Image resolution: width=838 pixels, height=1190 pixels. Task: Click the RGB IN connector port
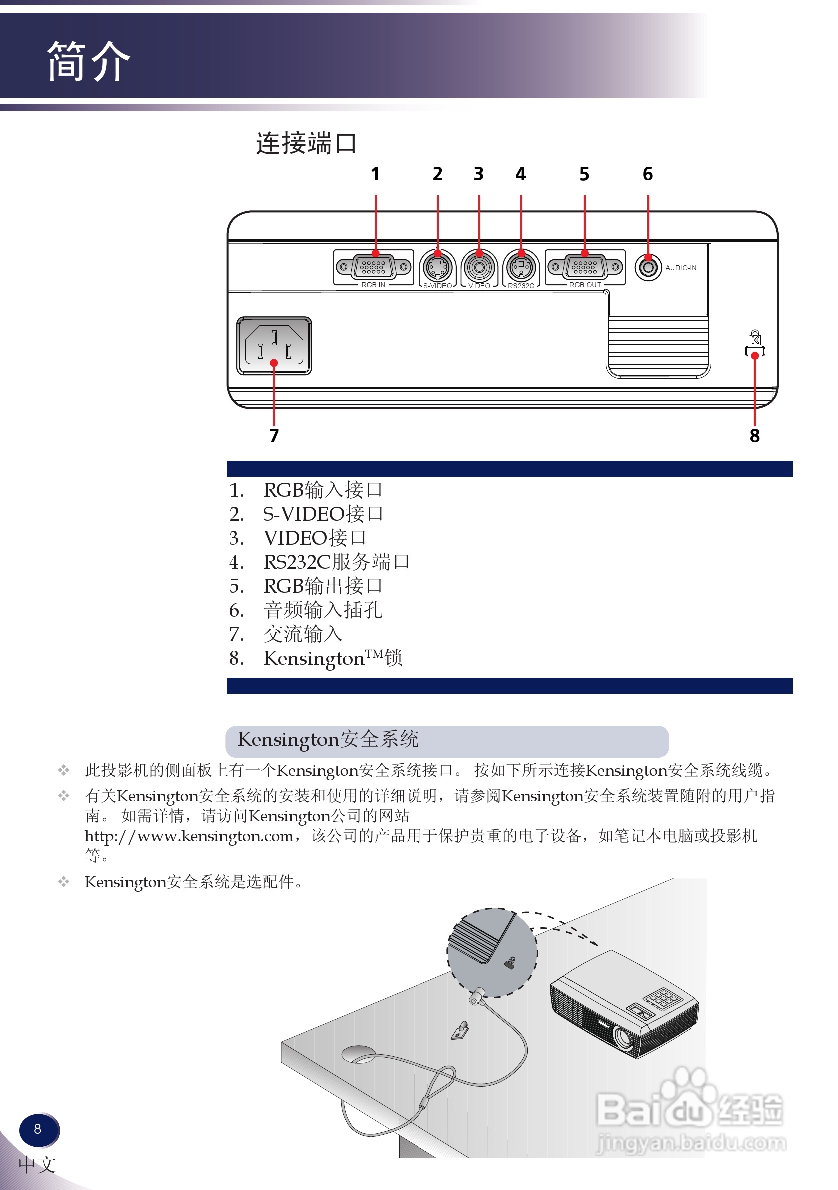(x=373, y=267)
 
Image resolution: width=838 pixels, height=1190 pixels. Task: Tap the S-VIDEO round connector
(x=437, y=267)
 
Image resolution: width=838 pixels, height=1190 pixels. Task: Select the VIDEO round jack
(x=479, y=267)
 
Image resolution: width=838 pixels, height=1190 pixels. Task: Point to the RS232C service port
(x=521, y=267)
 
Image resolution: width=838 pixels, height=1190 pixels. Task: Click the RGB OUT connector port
(x=585, y=267)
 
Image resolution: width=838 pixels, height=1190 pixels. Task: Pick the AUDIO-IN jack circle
(x=647, y=267)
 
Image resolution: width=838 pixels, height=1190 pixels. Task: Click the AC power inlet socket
(x=274, y=346)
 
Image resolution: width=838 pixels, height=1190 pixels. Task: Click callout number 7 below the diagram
(x=274, y=435)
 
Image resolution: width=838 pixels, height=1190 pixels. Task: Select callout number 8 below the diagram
(x=754, y=435)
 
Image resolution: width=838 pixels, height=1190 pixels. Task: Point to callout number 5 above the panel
(x=584, y=174)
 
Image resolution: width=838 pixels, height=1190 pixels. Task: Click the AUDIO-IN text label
(x=681, y=268)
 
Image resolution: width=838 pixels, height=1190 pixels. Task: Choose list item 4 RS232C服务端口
(x=336, y=562)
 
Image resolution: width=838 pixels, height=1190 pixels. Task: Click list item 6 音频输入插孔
(x=322, y=610)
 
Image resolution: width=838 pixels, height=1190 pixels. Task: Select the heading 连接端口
(x=306, y=143)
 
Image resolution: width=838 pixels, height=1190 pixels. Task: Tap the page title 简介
(x=88, y=61)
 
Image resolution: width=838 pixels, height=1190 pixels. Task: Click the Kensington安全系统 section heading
(x=327, y=739)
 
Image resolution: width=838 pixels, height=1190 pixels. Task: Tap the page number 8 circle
(x=38, y=1129)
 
